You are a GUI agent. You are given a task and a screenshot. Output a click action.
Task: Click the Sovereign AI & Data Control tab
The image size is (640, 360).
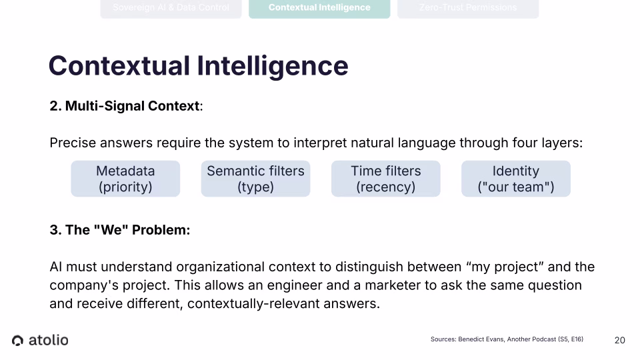click(171, 8)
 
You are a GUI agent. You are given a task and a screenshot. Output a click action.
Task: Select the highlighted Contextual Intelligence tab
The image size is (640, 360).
click(319, 8)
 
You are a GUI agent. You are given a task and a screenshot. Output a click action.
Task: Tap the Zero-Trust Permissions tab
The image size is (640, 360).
click(468, 8)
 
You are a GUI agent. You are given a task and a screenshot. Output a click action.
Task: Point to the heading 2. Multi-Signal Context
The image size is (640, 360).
click(125, 106)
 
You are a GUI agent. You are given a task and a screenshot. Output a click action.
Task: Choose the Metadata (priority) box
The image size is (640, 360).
click(125, 179)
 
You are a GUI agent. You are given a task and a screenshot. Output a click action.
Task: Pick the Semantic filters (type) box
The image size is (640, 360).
click(255, 179)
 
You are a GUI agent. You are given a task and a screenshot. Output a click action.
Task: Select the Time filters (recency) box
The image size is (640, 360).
click(385, 179)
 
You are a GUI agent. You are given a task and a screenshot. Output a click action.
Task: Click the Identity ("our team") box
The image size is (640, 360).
click(515, 179)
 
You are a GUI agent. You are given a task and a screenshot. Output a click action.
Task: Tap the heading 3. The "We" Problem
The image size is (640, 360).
click(120, 230)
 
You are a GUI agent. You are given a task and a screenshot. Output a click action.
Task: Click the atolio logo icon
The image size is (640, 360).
click(18, 341)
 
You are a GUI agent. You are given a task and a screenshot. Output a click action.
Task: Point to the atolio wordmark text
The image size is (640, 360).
click(48, 340)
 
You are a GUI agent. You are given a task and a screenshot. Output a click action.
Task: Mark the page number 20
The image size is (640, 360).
click(619, 341)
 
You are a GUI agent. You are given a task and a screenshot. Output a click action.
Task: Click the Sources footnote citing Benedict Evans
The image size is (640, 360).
click(507, 339)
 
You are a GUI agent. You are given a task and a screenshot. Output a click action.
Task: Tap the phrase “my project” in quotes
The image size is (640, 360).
click(504, 267)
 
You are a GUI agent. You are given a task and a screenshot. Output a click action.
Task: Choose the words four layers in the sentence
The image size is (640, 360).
click(547, 143)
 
